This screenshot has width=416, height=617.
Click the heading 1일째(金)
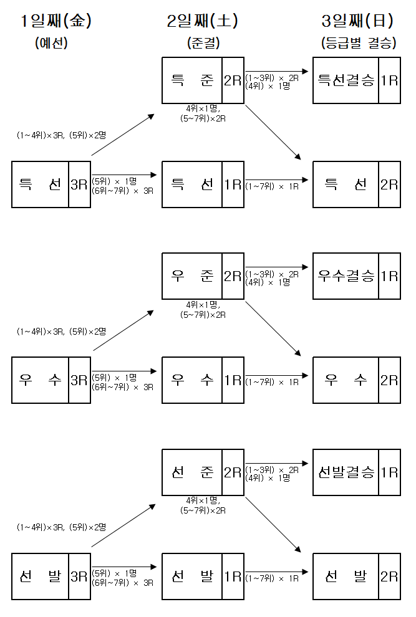tap(56, 21)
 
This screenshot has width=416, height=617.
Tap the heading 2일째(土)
tap(203, 21)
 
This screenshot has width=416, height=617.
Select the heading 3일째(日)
tap(357, 21)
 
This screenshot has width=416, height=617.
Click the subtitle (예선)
tap(51, 44)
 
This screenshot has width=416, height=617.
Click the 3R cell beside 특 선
tap(79, 184)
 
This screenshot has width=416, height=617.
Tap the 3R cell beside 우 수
tap(79, 380)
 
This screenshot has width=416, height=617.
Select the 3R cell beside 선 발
tap(79, 576)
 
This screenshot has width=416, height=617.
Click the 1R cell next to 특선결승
tap(390, 80)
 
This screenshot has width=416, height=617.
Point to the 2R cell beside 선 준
tap(233, 472)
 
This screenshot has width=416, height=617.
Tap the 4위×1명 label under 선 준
tap(203, 500)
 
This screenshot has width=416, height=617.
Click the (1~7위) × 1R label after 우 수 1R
tap(272, 382)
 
